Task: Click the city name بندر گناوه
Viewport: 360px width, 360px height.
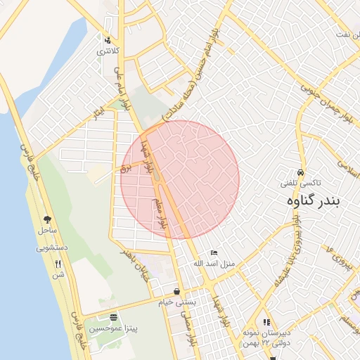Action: [313, 201]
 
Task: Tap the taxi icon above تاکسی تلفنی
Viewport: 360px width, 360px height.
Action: [300, 173]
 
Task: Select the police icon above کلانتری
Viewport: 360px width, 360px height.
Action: [108, 40]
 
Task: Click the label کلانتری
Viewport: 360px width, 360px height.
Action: [108, 51]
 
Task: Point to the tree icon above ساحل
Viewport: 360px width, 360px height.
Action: [47, 220]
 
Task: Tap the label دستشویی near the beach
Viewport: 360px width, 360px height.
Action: [51, 248]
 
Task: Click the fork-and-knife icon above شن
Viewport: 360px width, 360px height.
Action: [58, 264]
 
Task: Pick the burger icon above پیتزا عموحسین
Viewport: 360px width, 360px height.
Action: [113, 318]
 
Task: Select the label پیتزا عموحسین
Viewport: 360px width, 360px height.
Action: [112, 328]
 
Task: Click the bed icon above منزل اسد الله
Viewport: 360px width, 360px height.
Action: [214, 253]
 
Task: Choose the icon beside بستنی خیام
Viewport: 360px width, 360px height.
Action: [176, 292]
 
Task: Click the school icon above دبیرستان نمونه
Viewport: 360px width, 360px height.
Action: [266, 321]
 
